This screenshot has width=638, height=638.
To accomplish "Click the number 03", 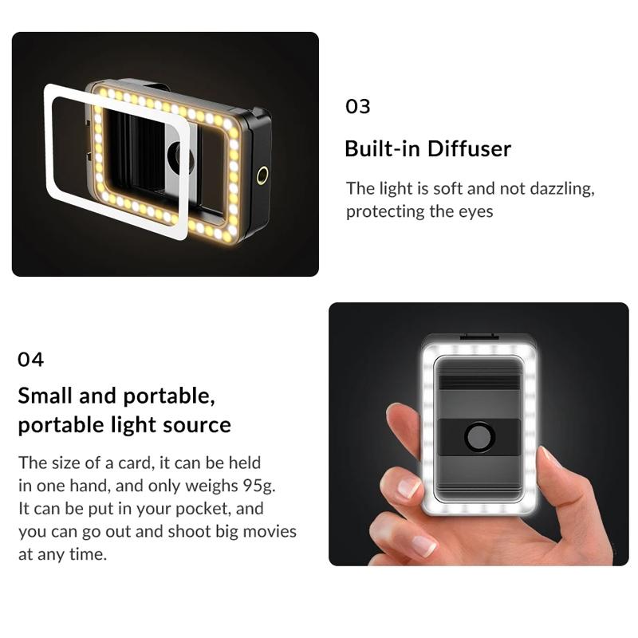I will pyautogui.click(x=357, y=106).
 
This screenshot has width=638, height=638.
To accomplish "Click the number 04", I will pyautogui.click(x=30, y=360).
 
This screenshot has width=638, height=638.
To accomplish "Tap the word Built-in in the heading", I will pyautogui.click(x=382, y=148).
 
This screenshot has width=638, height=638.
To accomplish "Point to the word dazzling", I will pyautogui.click(x=561, y=189).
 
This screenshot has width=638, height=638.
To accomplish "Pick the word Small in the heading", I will pyautogui.click(x=46, y=396).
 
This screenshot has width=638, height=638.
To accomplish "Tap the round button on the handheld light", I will pyautogui.click(x=480, y=436).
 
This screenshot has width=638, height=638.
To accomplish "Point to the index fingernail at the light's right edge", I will pyautogui.click(x=551, y=459).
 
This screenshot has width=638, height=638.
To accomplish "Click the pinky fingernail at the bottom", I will pyautogui.click(x=423, y=545).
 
